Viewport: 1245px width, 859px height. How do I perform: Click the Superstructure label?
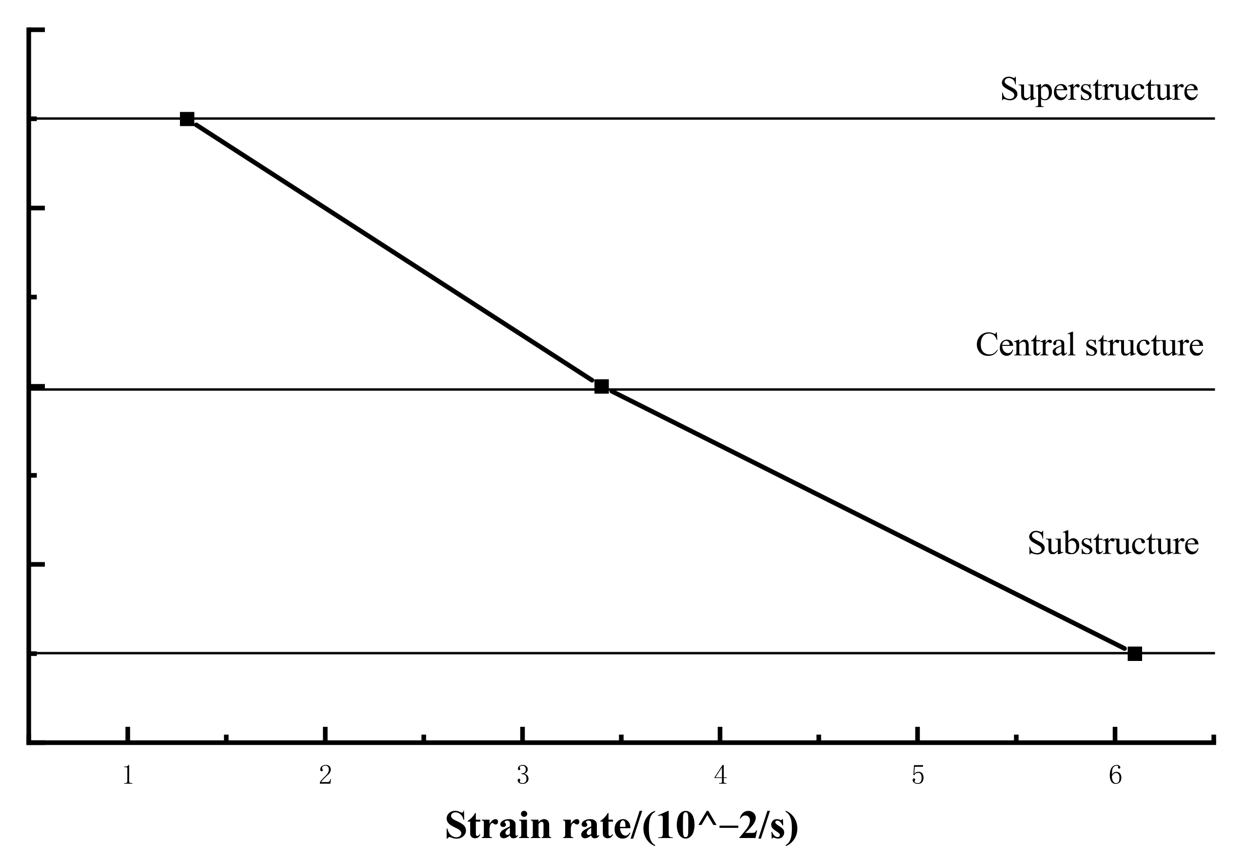click(1099, 89)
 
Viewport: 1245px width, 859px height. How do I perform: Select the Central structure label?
click(1089, 344)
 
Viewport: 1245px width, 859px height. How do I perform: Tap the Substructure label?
click(1113, 543)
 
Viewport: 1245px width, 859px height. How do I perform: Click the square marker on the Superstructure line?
click(187, 119)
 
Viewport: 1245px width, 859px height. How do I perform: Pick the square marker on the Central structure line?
click(601, 386)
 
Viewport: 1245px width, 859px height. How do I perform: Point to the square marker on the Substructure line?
click(1135, 654)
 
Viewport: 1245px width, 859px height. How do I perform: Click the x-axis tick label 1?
click(127, 776)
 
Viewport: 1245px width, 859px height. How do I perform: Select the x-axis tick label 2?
click(325, 776)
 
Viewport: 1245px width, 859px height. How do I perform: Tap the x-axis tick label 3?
click(522, 776)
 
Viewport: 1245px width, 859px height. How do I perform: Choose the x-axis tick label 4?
click(720, 776)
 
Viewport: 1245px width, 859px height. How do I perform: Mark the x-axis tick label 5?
click(918, 776)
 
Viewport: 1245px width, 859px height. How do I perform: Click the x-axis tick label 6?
click(1115, 776)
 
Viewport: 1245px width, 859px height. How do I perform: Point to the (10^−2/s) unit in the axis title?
click(720, 826)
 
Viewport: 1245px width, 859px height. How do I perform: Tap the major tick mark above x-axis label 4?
click(720, 734)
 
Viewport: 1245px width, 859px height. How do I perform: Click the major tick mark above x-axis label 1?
click(127, 734)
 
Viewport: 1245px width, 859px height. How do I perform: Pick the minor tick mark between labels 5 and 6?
click(1016, 738)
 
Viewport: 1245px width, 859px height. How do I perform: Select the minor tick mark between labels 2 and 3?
click(424, 738)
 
